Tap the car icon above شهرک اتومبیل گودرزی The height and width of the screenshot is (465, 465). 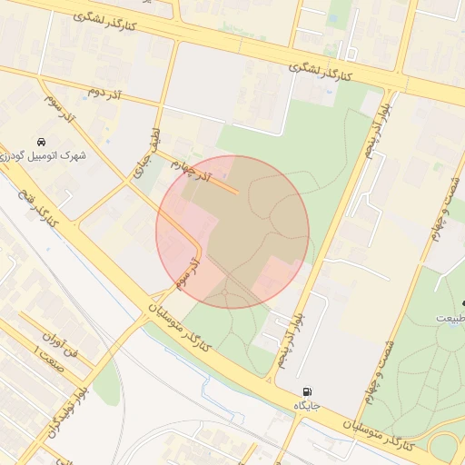coord(42,142)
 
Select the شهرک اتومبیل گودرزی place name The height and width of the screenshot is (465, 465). coord(44,156)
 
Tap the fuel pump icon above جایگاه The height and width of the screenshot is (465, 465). coord(304,391)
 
